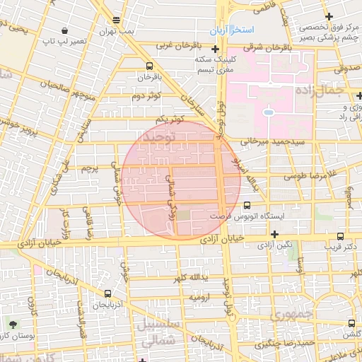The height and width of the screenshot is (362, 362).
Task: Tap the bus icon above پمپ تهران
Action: (116, 20)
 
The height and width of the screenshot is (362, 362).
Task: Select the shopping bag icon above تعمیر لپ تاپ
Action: (65, 31)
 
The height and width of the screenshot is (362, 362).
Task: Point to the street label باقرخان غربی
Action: (175, 46)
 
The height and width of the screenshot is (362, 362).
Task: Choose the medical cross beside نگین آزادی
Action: (274, 234)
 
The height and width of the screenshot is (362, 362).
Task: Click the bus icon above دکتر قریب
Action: (341, 237)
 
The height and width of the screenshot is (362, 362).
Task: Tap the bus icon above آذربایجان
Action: (107, 293)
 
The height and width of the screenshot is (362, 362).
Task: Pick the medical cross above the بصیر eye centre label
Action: (328, 16)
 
